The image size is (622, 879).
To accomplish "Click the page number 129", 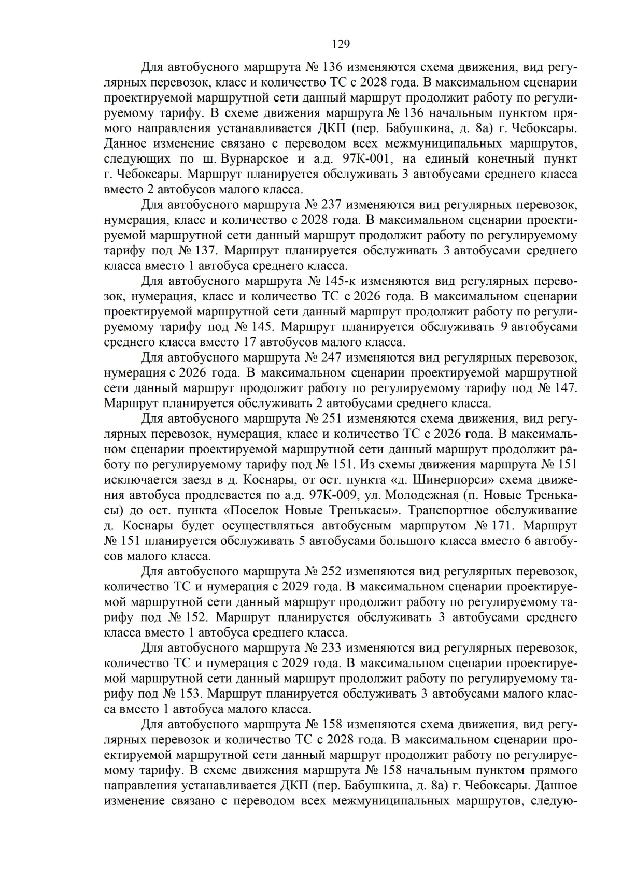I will click(341, 44).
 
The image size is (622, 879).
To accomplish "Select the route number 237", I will click(331, 205).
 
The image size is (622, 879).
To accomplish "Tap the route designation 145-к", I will click(339, 281).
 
